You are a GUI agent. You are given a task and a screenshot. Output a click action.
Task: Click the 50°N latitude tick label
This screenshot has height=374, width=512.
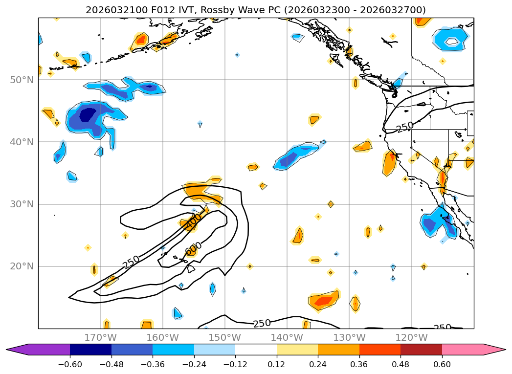point(22,80)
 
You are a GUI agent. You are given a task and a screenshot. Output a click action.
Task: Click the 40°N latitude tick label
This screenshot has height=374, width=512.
point(22,142)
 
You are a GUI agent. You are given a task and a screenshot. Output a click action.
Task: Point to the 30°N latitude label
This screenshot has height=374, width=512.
point(22,204)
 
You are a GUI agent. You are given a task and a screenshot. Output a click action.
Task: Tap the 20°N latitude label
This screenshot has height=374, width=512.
point(22,266)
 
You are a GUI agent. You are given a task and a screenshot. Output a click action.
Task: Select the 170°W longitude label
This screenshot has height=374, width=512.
point(100,337)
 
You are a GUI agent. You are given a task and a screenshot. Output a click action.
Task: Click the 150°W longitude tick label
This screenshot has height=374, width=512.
point(224,337)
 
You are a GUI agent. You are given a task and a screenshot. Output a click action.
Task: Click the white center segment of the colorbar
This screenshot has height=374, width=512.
point(256,350)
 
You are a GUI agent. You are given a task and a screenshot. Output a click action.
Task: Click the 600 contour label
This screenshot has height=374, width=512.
point(194,249)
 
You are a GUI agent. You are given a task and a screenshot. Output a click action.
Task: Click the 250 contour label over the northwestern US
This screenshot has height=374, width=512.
point(405,128)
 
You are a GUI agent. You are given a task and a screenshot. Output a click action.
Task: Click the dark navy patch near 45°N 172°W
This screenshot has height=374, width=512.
point(88,115)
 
